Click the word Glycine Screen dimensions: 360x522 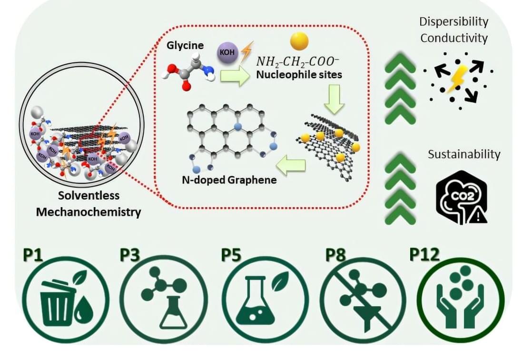185,46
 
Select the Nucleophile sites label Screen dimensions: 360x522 299,74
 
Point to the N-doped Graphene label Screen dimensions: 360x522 229,180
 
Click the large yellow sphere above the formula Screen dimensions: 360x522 299,41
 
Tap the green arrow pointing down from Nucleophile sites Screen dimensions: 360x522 336,98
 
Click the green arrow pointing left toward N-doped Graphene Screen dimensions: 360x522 291,165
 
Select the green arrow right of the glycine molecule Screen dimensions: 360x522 235,76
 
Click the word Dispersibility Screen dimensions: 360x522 453,21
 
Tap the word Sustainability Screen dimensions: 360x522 464,154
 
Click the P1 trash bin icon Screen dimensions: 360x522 66,300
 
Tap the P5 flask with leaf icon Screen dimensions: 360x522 264,300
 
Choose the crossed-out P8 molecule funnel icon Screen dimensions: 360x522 363,300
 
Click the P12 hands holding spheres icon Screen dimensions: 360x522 460,300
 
